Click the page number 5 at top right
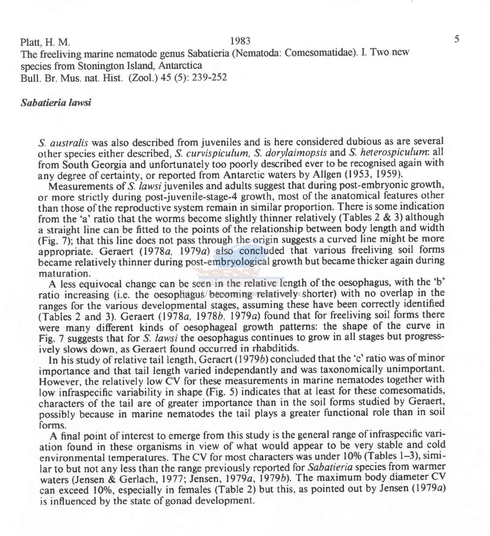point(456,39)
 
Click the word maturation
point(63,272)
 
